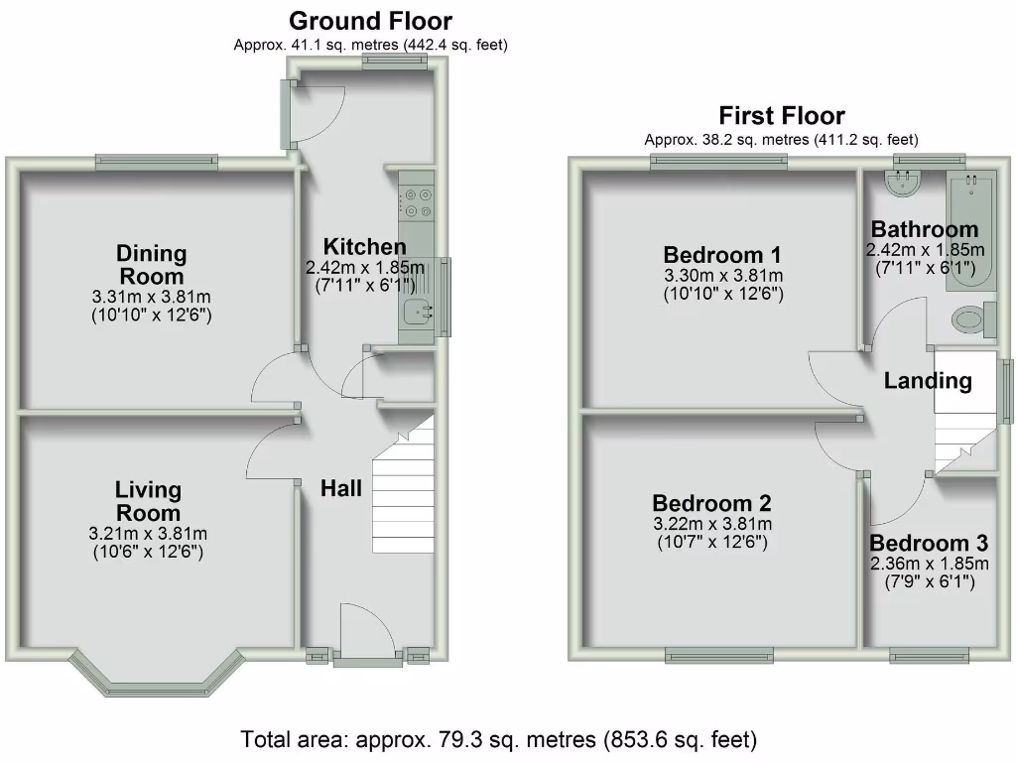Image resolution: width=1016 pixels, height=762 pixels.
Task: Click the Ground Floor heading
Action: (370, 21)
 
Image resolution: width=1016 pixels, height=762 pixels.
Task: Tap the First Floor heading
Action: (782, 116)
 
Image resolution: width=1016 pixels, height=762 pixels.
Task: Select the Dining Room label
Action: (152, 265)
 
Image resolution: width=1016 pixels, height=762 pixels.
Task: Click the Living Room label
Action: (148, 501)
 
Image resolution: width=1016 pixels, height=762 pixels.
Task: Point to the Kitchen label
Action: (364, 247)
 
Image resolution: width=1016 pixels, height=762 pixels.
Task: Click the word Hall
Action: (340, 488)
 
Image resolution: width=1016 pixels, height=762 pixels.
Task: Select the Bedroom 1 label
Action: (722, 254)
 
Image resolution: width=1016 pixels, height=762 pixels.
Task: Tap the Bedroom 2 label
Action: (711, 503)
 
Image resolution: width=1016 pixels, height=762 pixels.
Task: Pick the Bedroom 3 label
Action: (929, 543)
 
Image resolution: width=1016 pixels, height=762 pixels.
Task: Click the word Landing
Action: (928, 380)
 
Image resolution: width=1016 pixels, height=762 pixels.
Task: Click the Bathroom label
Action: (925, 230)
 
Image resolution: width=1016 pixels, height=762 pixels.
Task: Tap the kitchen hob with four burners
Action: (416, 202)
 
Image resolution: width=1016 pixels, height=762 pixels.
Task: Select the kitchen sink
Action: (417, 313)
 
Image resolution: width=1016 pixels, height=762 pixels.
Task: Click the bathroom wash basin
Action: (904, 181)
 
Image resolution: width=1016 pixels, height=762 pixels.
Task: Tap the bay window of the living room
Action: (156, 680)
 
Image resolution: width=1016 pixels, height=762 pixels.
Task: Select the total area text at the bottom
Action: (499, 740)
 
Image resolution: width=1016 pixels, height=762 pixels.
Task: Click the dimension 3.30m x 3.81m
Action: (722, 275)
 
